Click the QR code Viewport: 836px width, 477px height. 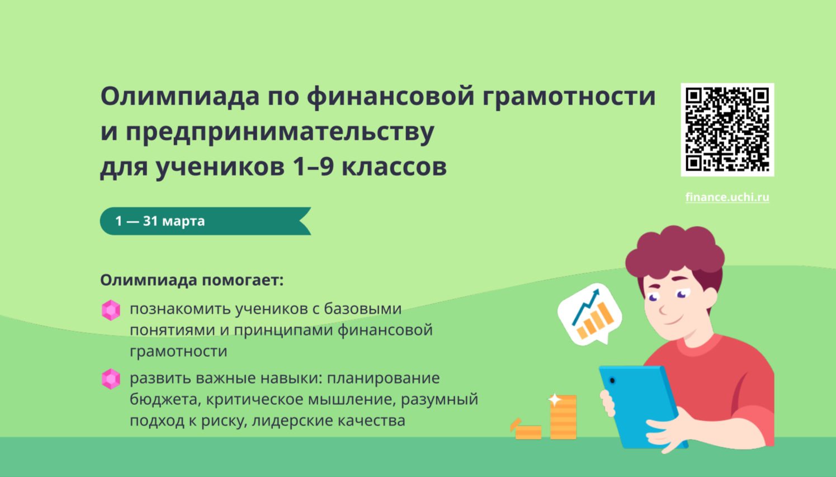[728, 130]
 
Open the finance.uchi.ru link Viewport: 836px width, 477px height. [728, 197]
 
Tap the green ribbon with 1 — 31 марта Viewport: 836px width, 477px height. [205, 221]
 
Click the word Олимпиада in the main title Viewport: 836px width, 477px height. [180, 96]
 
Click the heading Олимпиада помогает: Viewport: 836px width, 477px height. [192, 280]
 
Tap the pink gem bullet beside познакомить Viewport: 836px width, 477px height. [111, 310]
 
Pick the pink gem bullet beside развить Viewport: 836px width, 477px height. [111, 379]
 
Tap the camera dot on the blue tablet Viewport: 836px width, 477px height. [612, 381]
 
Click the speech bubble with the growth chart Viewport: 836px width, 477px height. [590, 314]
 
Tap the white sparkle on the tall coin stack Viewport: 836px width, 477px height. [555, 399]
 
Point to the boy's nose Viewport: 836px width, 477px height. [663, 309]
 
